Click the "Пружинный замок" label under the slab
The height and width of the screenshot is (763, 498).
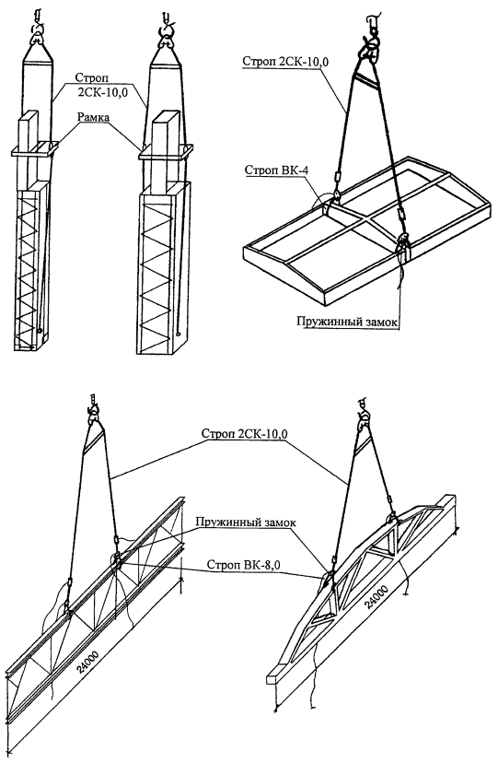(347, 323)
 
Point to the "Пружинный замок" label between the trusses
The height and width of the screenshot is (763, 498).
(246, 522)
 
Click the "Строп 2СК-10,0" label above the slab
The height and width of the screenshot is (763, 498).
(284, 62)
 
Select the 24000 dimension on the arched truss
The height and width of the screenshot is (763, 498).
(377, 597)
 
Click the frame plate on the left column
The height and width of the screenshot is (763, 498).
(35, 148)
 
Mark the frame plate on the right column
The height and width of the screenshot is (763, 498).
(165, 151)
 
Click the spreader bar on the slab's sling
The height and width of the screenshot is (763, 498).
(365, 81)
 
